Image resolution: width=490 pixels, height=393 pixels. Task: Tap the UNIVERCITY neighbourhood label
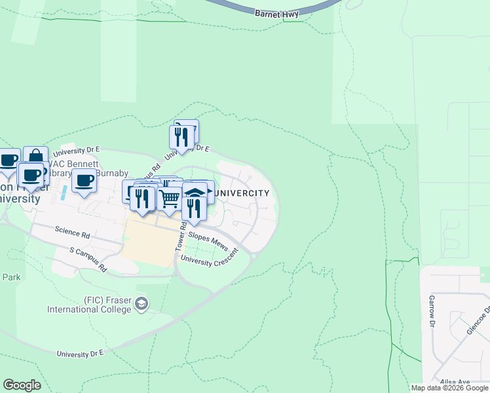click(242, 193)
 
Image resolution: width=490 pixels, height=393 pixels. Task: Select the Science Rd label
click(72, 233)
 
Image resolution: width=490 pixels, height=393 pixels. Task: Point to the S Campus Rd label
click(88, 259)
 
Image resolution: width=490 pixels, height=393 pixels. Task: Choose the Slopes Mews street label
click(208, 240)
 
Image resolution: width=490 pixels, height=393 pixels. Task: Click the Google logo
click(22, 385)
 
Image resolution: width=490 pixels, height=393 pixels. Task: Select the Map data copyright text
click(450, 388)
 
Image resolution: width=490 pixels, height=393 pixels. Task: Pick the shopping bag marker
click(35, 157)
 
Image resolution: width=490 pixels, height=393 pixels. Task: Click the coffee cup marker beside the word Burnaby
click(84, 180)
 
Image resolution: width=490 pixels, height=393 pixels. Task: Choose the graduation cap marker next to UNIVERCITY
click(195, 191)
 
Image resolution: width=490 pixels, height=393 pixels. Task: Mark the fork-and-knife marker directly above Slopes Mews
click(193, 207)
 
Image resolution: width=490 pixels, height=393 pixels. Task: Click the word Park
click(10, 277)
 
